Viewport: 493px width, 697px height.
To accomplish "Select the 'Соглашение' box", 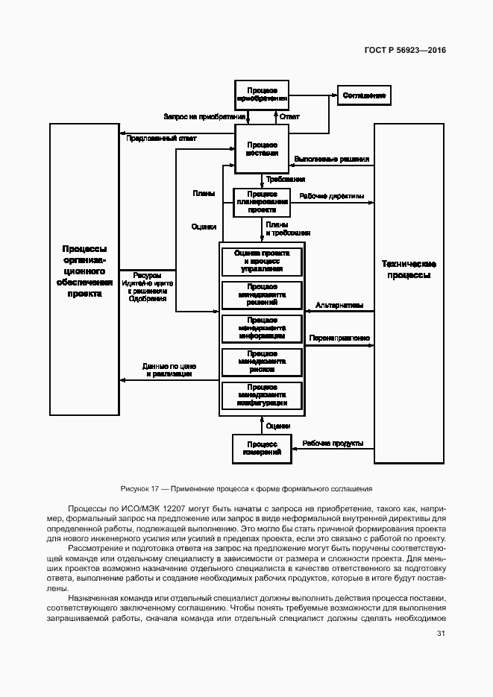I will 364,95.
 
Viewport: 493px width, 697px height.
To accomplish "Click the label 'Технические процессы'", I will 409,269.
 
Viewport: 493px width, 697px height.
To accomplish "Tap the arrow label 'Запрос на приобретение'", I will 204,117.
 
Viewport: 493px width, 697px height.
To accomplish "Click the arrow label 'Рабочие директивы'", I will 332,197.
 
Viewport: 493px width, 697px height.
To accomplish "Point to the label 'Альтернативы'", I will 339,304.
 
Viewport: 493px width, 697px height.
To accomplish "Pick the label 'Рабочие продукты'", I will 333,444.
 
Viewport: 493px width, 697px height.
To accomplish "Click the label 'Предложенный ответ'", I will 161,139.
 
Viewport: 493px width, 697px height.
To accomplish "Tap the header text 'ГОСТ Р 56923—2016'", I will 400,51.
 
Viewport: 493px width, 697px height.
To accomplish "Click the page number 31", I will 441,634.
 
